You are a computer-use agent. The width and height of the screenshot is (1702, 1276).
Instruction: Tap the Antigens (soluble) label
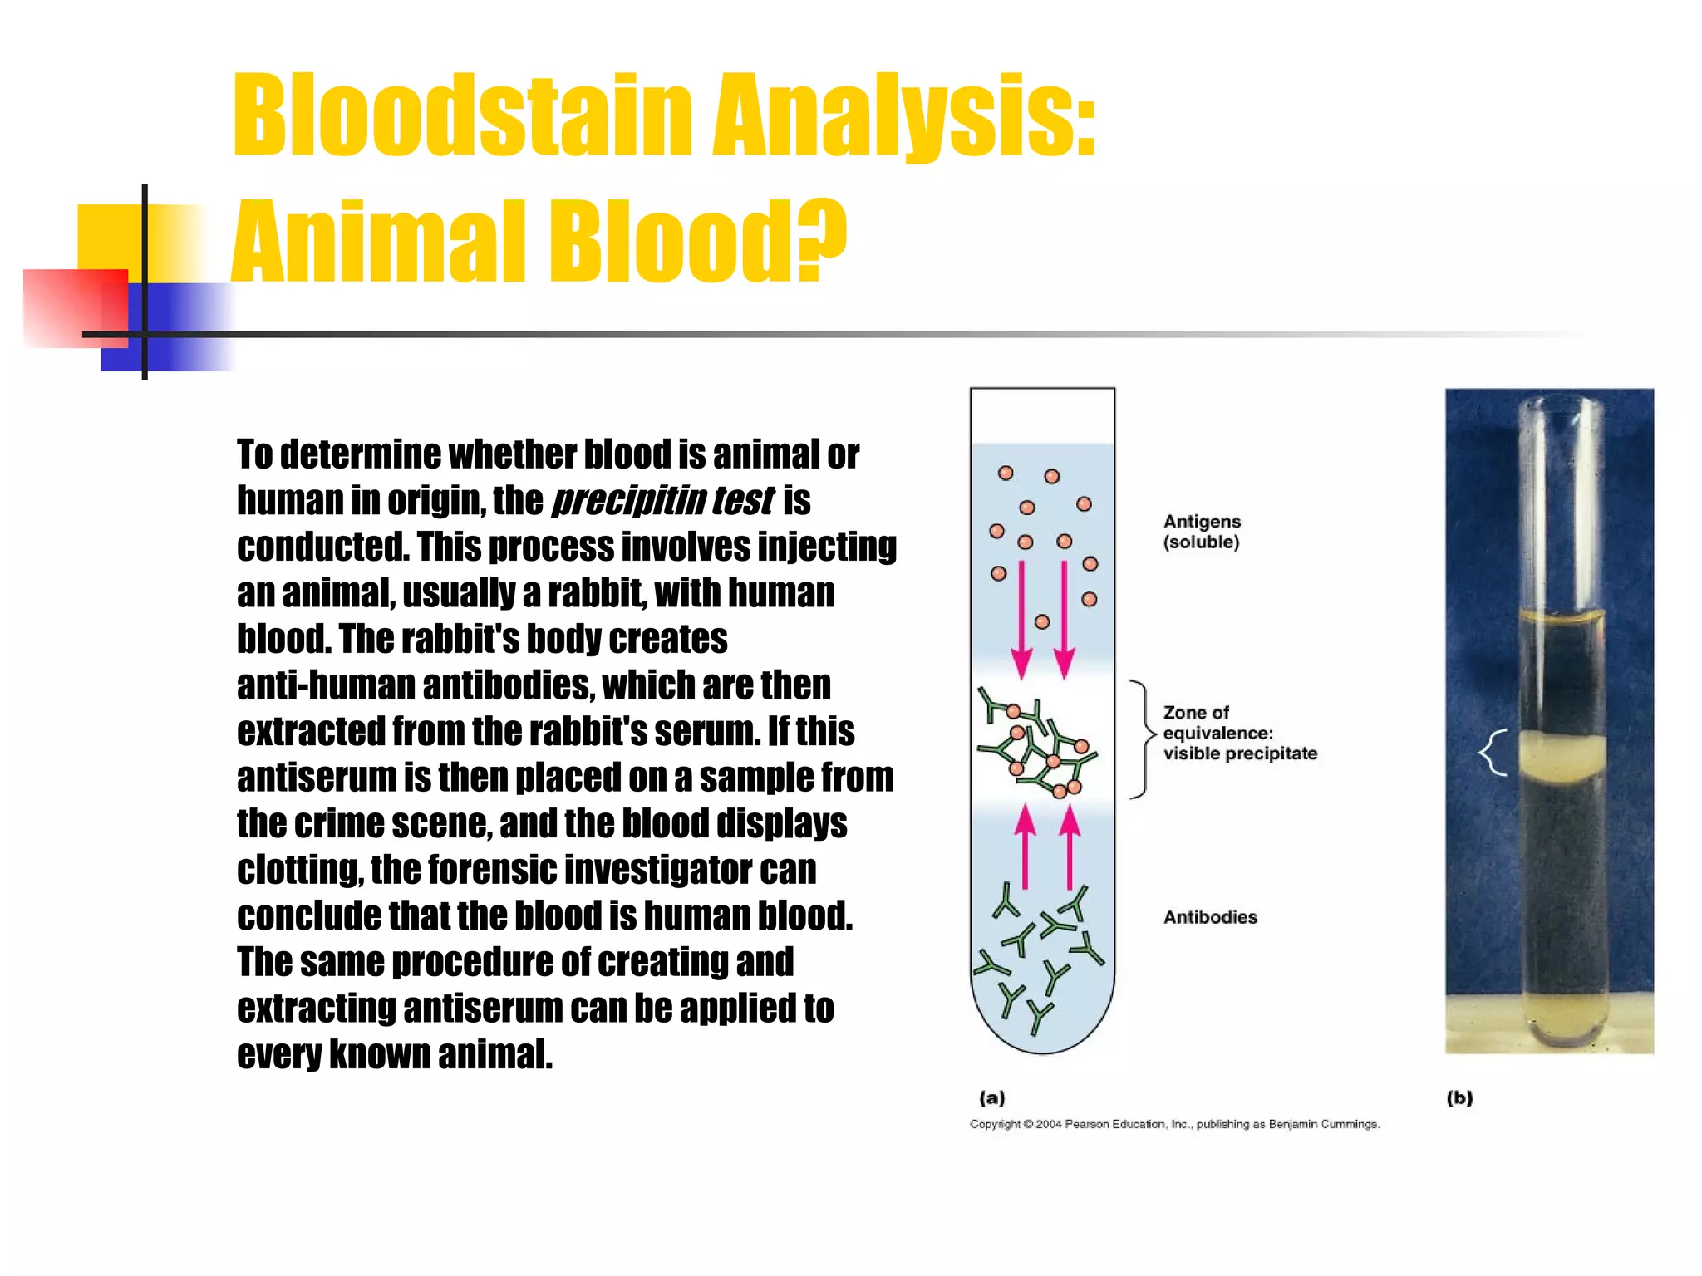click(1202, 532)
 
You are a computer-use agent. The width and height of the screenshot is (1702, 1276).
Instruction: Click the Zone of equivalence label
click(1239, 733)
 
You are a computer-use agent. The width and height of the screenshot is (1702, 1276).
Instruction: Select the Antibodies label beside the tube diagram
click(1209, 917)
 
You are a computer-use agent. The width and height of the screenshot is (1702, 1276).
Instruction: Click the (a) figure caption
click(991, 1097)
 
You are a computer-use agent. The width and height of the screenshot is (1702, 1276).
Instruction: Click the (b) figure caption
click(1459, 1097)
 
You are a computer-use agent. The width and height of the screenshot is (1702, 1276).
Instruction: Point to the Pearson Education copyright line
click(1174, 1124)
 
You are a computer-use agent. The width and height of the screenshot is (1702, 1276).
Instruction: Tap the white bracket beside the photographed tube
click(1493, 753)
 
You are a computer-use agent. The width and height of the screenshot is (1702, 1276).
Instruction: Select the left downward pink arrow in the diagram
click(1021, 619)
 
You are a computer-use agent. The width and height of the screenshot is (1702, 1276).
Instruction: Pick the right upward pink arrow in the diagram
click(1070, 847)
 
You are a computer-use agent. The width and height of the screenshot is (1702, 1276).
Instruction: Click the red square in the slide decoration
click(75, 307)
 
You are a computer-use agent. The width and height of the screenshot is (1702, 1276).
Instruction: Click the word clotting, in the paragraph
click(300, 871)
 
